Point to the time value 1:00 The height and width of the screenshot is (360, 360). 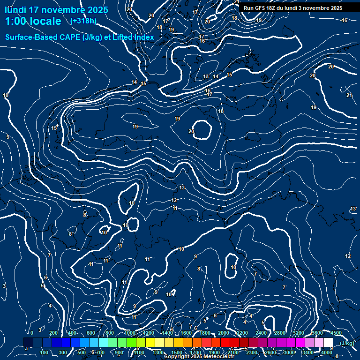point(16,22)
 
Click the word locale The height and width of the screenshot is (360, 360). point(46,22)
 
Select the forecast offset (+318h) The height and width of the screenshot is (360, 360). point(83,21)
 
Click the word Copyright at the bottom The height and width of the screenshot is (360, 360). point(178,357)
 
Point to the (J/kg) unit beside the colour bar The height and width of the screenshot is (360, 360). point(347,343)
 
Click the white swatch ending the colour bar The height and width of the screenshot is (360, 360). point(328,343)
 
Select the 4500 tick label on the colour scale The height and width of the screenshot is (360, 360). point(336,333)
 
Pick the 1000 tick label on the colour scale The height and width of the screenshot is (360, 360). point(130,333)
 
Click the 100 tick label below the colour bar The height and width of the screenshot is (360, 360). point(45,352)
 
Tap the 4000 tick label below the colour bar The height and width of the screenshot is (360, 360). point(327,352)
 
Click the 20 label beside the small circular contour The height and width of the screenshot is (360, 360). point(191,131)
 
